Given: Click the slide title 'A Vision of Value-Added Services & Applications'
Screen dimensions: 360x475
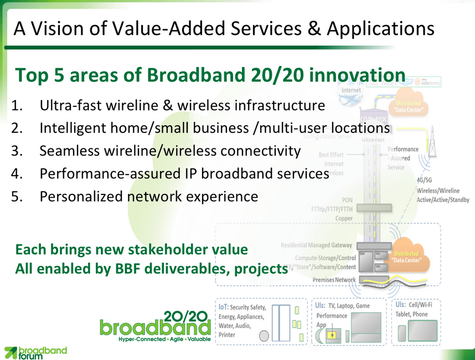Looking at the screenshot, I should coord(224,27).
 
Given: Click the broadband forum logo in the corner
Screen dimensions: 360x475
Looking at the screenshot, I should coord(35,352).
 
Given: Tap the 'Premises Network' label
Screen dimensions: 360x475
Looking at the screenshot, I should coord(334,280).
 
